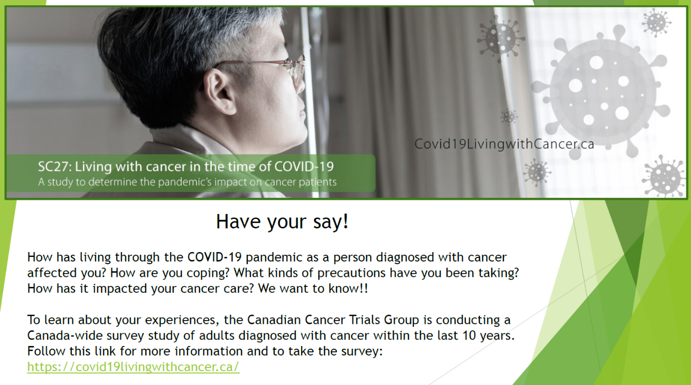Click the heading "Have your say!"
pyautogui.click(x=282, y=222)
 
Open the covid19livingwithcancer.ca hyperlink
pyautogui.click(x=133, y=367)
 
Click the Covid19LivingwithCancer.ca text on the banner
pyautogui.click(x=504, y=144)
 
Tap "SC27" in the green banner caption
pyautogui.click(x=54, y=167)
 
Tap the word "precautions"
pyautogui.click(x=351, y=273)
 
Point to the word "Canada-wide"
pyautogui.click(x=65, y=335)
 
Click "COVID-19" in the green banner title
pyautogui.click(x=304, y=167)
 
